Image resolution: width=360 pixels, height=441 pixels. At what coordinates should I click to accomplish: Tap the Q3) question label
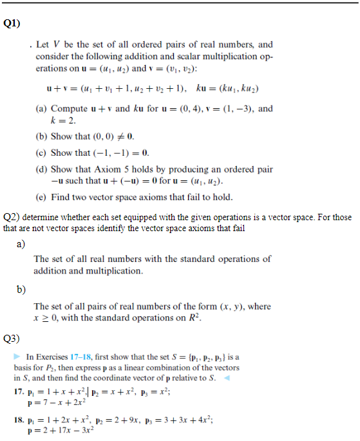12,337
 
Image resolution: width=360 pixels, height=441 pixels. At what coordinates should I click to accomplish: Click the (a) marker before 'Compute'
41,109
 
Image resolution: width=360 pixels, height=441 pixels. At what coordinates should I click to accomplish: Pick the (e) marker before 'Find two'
41,197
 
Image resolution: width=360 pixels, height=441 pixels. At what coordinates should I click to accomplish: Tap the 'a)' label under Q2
21,244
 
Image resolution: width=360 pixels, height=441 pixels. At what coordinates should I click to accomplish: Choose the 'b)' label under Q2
21,289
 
